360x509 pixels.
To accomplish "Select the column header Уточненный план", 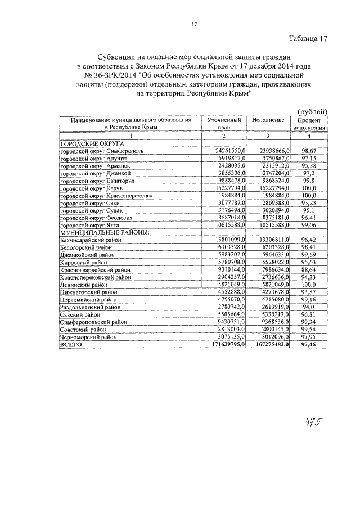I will pos(225,124).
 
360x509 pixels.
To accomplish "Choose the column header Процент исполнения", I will pos(308,124).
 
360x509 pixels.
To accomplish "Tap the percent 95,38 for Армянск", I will pos(308,166).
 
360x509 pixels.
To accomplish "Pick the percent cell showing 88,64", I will pos(308,269).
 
